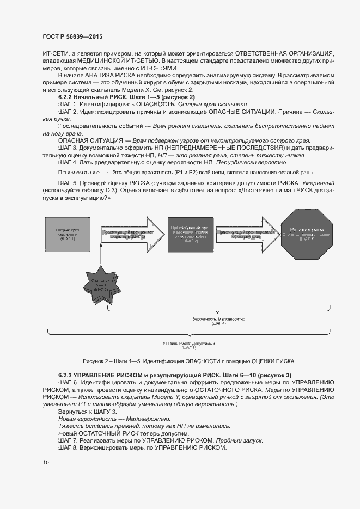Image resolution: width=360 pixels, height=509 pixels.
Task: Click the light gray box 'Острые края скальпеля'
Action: coord(68,234)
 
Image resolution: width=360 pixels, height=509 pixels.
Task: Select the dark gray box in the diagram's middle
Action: coord(187,234)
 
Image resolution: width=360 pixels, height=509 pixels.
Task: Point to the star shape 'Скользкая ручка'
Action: coord(100,285)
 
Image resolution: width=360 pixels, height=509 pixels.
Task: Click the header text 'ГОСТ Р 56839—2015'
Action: coord(72,37)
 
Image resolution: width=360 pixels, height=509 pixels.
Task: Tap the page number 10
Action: coord(45,463)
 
